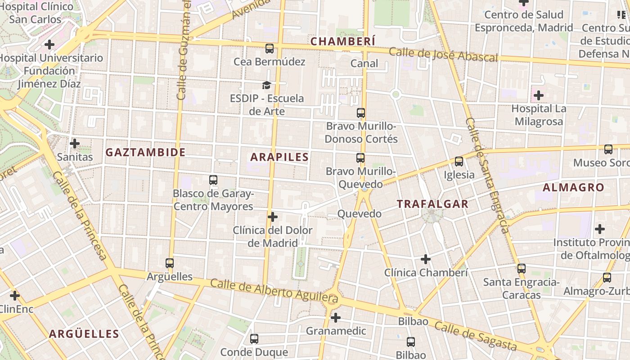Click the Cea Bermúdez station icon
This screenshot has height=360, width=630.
point(270,49)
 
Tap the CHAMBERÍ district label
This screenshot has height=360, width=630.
point(343,41)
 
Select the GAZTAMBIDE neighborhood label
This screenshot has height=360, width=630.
point(145,153)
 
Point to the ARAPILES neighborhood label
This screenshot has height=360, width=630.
point(279,157)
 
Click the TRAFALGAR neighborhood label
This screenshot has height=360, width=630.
point(432,204)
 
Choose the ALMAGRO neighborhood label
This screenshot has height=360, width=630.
point(573,188)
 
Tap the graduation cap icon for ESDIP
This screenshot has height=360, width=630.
point(267,85)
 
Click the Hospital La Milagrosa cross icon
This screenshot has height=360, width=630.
point(539,95)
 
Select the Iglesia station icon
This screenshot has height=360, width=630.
point(459,161)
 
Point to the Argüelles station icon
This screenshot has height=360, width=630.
point(170,263)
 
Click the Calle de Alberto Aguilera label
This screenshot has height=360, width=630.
point(274,290)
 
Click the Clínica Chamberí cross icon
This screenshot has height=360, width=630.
point(426,259)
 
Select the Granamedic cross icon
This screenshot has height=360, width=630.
point(336,318)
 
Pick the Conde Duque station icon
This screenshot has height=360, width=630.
point(254,339)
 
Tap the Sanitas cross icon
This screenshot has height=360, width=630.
point(75,144)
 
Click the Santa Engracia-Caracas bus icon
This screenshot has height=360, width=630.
point(522,269)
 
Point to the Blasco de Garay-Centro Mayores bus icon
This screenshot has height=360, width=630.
point(213,180)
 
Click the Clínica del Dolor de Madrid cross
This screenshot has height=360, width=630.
point(273,217)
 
